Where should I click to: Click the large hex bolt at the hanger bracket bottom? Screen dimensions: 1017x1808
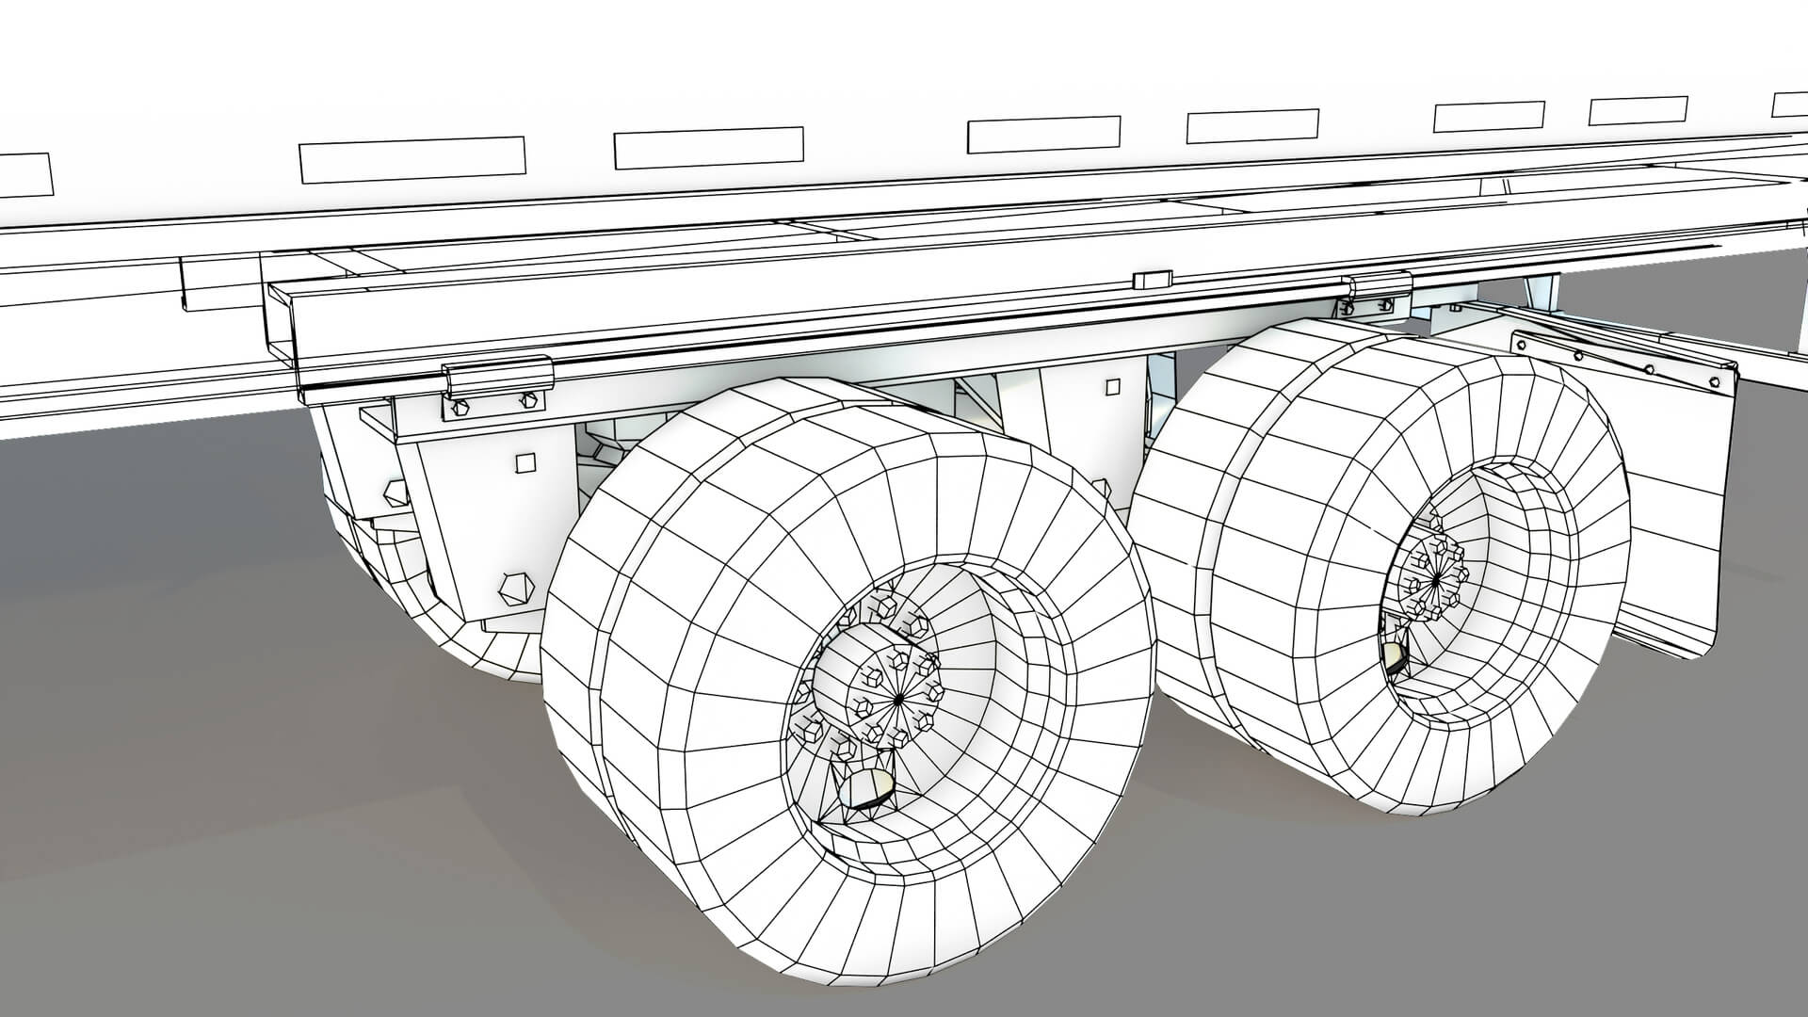click(x=515, y=589)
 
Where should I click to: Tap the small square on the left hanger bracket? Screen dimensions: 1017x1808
click(x=526, y=462)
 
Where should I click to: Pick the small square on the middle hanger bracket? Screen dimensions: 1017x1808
click(x=1113, y=387)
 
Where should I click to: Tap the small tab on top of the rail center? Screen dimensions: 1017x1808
click(x=1152, y=279)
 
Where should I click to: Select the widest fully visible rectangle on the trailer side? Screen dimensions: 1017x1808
click(x=412, y=159)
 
